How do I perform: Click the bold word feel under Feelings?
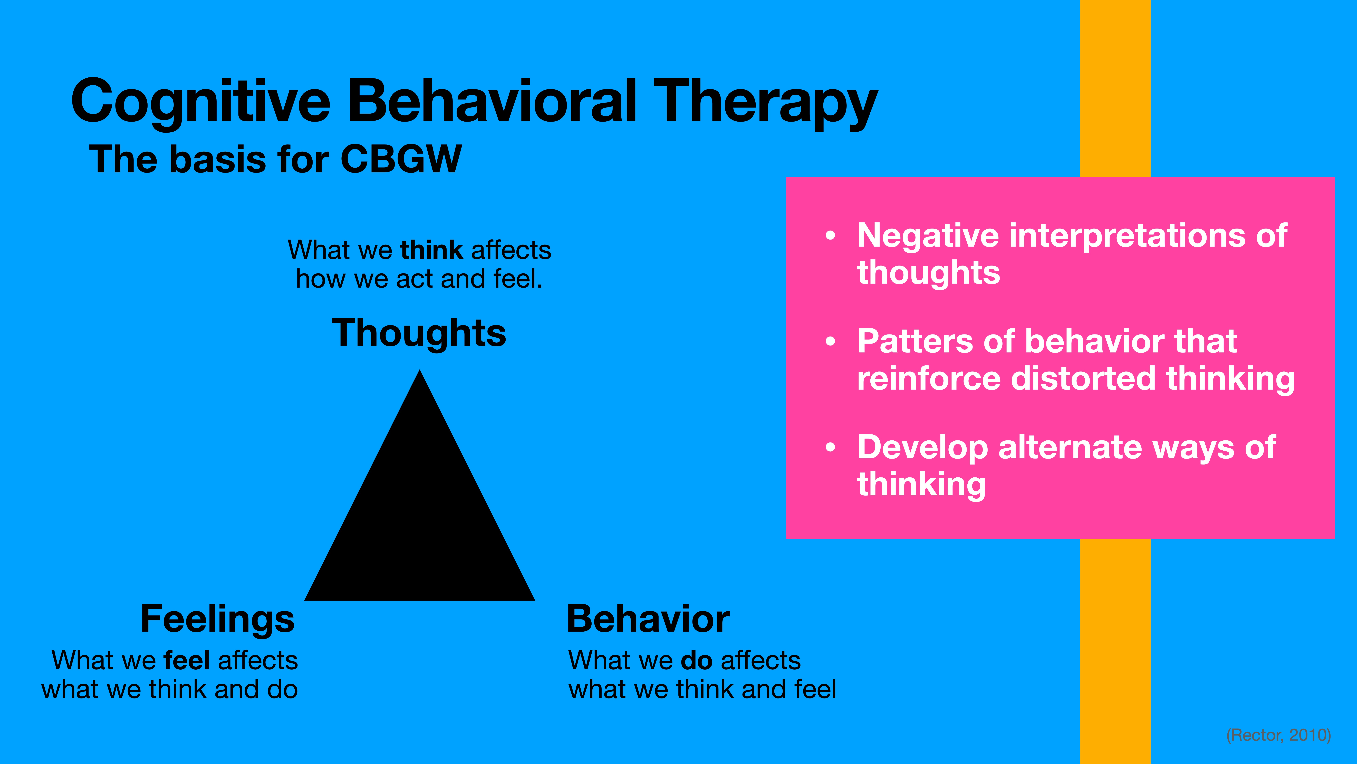coord(187,660)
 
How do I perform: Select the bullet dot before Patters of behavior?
coord(831,342)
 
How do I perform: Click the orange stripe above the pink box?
coord(1115,90)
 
